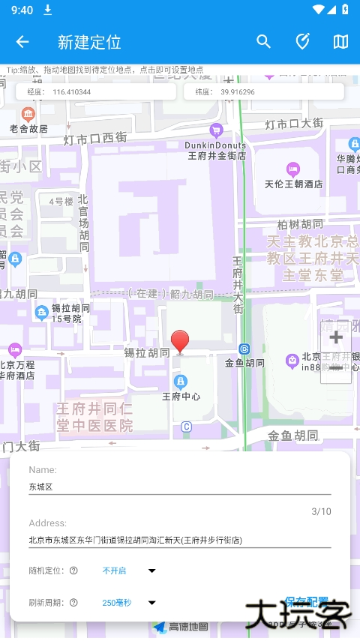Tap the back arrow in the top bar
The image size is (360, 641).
[22, 42]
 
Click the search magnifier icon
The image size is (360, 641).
[263, 42]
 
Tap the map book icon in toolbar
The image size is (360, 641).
[340, 42]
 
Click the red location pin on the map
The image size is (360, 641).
[180, 341]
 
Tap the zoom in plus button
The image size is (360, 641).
[336, 338]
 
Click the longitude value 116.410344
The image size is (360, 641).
[71, 92]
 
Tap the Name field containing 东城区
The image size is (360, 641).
[180, 486]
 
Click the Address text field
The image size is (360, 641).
[180, 539]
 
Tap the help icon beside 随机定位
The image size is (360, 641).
[73, 571]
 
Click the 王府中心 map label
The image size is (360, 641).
[181, 396]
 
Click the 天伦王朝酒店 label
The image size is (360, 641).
[293, 183]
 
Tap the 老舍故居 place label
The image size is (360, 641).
[28, 128]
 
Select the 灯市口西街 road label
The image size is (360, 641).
[95, 138]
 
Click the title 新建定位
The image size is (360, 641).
[89, 42]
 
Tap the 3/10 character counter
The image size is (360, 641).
[321, 511]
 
